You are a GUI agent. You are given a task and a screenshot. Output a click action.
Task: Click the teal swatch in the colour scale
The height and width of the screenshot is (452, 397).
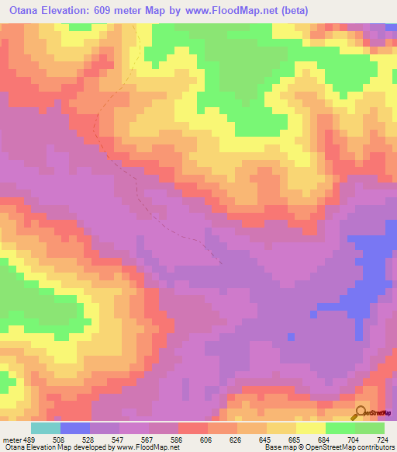click(x=46, y=428)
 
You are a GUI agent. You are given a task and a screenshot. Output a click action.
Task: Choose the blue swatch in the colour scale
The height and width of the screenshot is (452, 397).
click(x=75, y=428)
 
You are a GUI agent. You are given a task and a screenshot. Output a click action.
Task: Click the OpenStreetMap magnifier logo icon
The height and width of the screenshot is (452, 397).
click(x=361, y=412)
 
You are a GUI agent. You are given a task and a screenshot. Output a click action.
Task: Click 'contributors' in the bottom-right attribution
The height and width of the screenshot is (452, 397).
click(x=375, y=447)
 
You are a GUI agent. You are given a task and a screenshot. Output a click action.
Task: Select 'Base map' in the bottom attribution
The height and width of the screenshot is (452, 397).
click(x=278, y=447)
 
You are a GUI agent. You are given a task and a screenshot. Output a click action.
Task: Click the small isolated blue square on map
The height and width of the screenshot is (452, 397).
click(x=291, y=336)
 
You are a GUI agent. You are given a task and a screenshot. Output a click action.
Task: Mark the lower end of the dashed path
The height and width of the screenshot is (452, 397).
click(x=220, y=263)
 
